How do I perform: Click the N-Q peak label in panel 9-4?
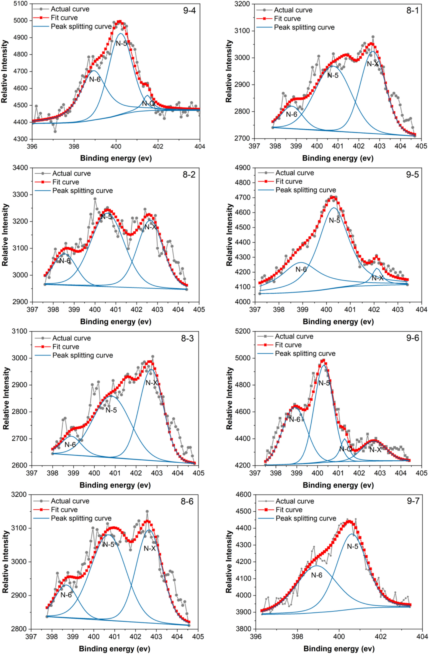click(148, 104)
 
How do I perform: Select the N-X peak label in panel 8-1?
click(373, 64)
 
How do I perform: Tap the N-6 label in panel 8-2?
click(65, 261)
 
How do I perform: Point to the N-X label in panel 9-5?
click(378, 278)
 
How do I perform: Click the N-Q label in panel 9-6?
click(346, 449)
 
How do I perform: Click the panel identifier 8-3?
click(188, 338)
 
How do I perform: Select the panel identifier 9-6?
click(412, 338)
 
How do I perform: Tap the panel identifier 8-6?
click(187, 501)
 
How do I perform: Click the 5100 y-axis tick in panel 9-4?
click(21, 4)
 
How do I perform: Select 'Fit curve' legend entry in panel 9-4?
click(64, 18)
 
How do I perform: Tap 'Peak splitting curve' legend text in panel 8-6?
click(81, 518)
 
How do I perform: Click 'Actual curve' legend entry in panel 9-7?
click(295, 501)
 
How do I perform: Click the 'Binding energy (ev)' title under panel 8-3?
click(115, 485)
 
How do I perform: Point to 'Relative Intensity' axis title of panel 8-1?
click(229, 71)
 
